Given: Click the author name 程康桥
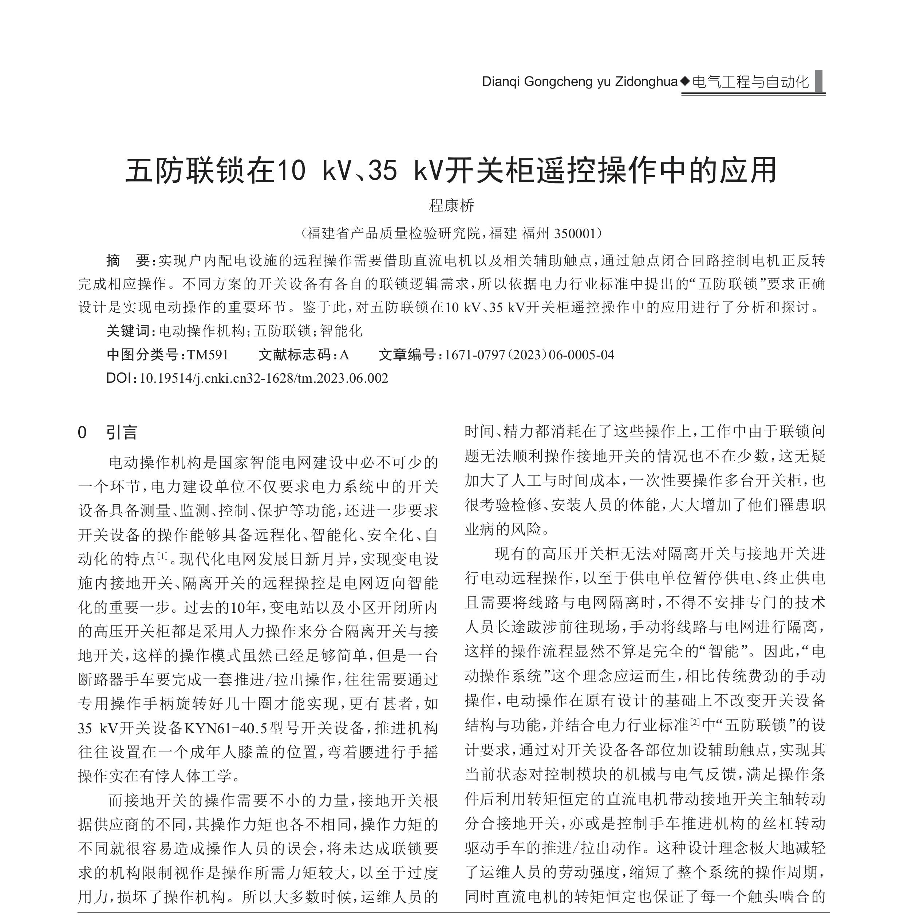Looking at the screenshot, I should click(451, 205).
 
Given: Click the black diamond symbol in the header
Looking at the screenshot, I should click(684, 81).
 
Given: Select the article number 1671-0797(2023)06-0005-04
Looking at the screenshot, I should click(529, 355).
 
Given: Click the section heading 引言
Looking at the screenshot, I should click(122, 432).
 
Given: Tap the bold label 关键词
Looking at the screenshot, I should click(128, 331).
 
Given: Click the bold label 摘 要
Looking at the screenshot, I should click(128, 260).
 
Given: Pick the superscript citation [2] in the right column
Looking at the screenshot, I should click(695, 722).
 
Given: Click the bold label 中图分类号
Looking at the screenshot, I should click(143, 355).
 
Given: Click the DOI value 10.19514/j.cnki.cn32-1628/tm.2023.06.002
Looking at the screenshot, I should click(264, 378).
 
